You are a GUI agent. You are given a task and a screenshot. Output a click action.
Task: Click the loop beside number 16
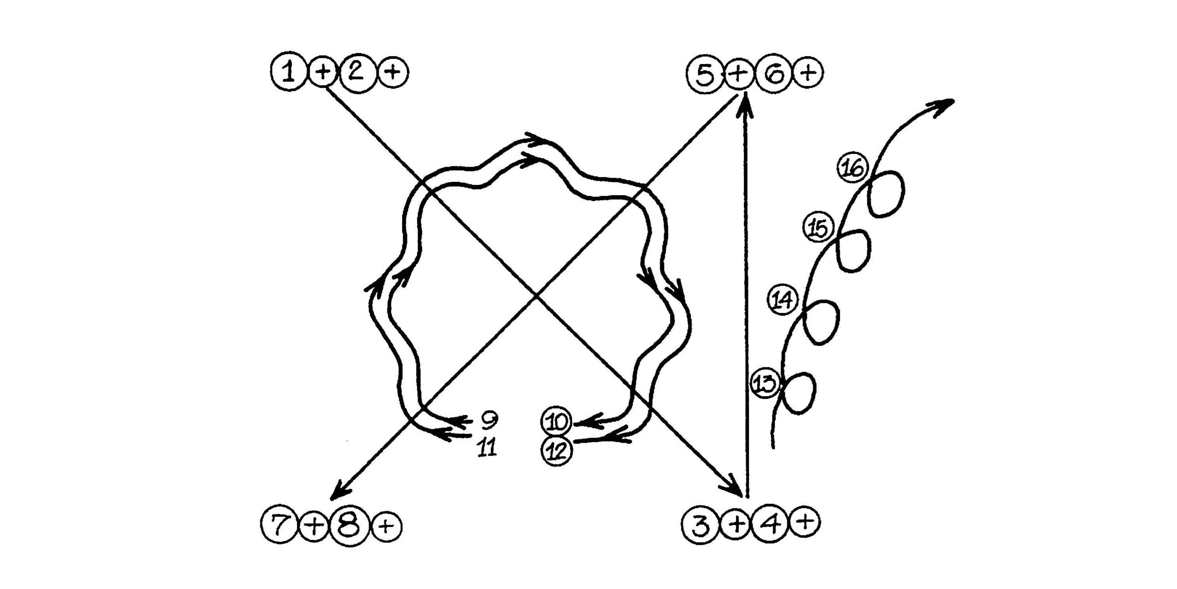tap(886, 193)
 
